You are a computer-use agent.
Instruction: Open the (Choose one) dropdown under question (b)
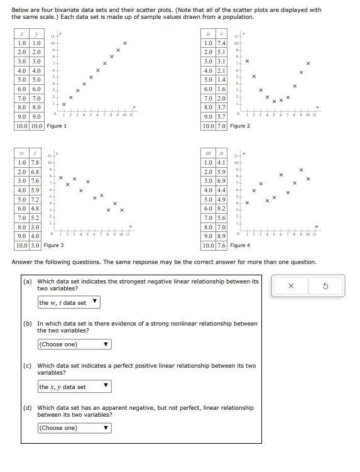pyautogui.click(x=74, y=344)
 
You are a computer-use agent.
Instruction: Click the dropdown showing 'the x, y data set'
pyautogui.click(x=74, y=387)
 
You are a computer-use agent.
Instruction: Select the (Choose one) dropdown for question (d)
pyautogui.click(x=74, y=428)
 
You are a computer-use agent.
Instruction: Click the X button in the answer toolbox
pyautogui.click(x=291, y=286)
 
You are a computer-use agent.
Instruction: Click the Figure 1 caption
pyautogui.click(x=57, y=126)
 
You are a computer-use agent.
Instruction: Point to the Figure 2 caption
pyautogui.click(x=240, y=126)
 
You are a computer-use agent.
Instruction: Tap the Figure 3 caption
pyautogui.click(x=54, y=245)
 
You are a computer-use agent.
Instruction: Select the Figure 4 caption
pyautogui.click(x=240, y=245)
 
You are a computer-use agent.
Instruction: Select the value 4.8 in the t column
pyautogui.click(x=36, y=208)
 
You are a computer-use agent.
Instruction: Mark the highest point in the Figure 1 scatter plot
pyautogui.click(x=125, y=43)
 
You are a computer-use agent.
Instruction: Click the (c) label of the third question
pyautogui.click(x=28, y=365)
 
